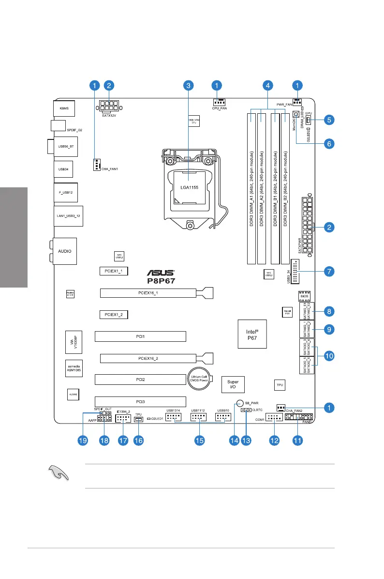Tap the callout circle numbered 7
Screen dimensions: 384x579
coord(328,271)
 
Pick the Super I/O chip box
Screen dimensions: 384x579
coord(233,385)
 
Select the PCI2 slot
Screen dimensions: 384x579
coord(140,380)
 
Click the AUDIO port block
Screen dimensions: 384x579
coord(64,251)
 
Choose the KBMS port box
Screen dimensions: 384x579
coord(64,108)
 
